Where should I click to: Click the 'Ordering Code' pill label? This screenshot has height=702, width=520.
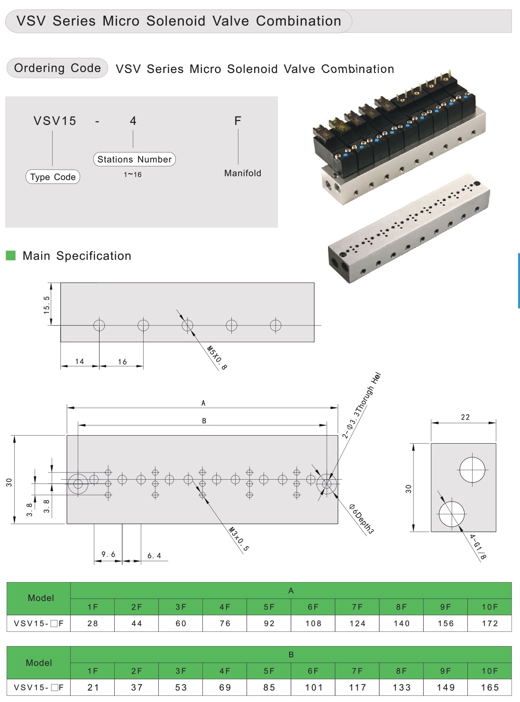57,68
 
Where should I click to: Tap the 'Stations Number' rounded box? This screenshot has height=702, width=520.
134,159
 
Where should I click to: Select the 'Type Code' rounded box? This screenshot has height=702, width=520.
53,177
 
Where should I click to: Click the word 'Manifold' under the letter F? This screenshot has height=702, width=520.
243,173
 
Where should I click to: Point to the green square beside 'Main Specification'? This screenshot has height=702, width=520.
10,255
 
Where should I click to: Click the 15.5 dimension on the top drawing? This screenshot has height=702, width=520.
46,305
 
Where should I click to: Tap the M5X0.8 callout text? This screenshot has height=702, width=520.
217,358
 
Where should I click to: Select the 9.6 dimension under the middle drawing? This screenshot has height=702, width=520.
108,554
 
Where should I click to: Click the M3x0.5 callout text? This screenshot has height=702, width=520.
239,539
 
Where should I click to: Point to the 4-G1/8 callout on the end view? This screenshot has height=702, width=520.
478,547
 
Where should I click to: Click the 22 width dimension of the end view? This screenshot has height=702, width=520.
465,417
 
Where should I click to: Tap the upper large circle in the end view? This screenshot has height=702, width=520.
473,469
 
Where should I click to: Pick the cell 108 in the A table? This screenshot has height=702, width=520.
313,623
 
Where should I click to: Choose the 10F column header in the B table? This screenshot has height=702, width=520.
490,671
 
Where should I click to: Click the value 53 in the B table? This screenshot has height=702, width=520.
181,687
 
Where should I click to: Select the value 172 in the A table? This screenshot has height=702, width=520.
490,623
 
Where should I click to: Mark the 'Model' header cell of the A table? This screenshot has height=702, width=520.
41,598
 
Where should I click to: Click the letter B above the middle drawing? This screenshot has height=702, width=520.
204,420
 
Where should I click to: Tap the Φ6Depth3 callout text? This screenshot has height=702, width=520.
362,519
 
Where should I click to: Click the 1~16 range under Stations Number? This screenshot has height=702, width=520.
133,174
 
